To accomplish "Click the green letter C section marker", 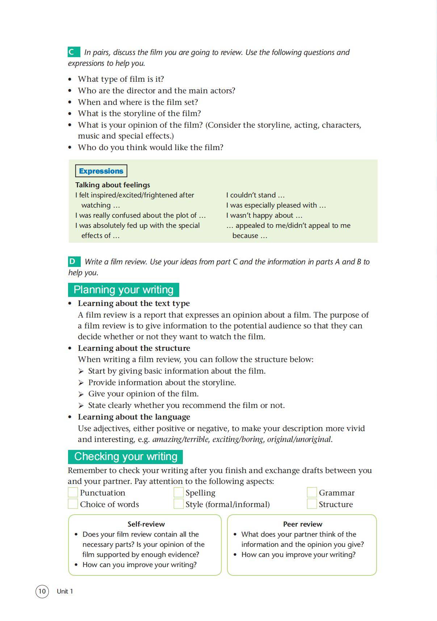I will [73, 52].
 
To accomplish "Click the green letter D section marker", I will [74, 261].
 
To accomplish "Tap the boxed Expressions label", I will [101, 171].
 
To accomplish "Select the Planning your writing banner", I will [123, 290].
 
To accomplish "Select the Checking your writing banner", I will [125, 456].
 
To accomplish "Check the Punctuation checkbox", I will [73, 492].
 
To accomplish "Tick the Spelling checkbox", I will [178, 492].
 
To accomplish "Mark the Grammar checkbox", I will [312, 492].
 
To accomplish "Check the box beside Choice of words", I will [73, 504].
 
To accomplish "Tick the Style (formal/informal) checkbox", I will [178, 504].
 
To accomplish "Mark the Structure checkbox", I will [312, 504].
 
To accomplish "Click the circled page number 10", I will [42, 591].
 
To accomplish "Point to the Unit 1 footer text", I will [65, 591].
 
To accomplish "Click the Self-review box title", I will [146, 524].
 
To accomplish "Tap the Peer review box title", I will [302, 524].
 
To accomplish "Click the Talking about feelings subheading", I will [113, 185].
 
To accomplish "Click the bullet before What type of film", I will [70, 79].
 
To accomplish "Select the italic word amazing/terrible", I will [180, 439].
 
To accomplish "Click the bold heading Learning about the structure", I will [134, 348].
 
